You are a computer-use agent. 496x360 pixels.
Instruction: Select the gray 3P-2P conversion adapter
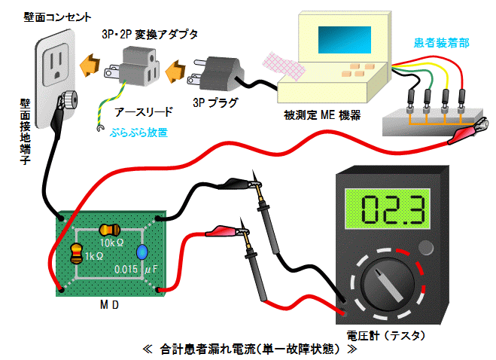137,67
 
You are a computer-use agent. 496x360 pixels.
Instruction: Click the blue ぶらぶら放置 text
138,131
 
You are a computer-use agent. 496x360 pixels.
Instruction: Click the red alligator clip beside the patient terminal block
462,135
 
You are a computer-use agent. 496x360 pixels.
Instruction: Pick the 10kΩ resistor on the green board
110,229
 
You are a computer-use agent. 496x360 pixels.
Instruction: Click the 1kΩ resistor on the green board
76,255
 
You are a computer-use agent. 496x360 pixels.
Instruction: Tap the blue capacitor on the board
141,254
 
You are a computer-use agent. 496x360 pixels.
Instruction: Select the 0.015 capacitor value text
126,269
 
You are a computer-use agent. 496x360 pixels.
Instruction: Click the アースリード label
144,111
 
